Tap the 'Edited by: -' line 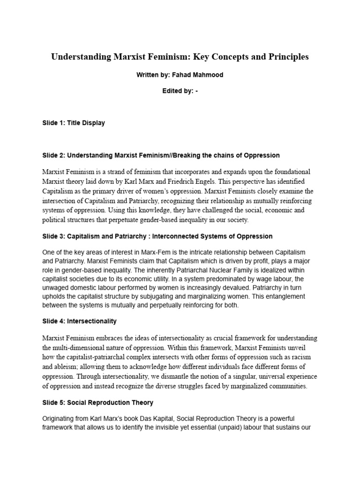tap(180, 91)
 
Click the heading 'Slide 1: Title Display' tap(73, 123)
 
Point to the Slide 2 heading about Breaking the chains tap(161, 155)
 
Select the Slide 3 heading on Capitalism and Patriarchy tap(157, 236)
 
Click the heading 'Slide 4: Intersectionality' tap(79, 322)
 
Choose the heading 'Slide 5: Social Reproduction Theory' tap(97, 402)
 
